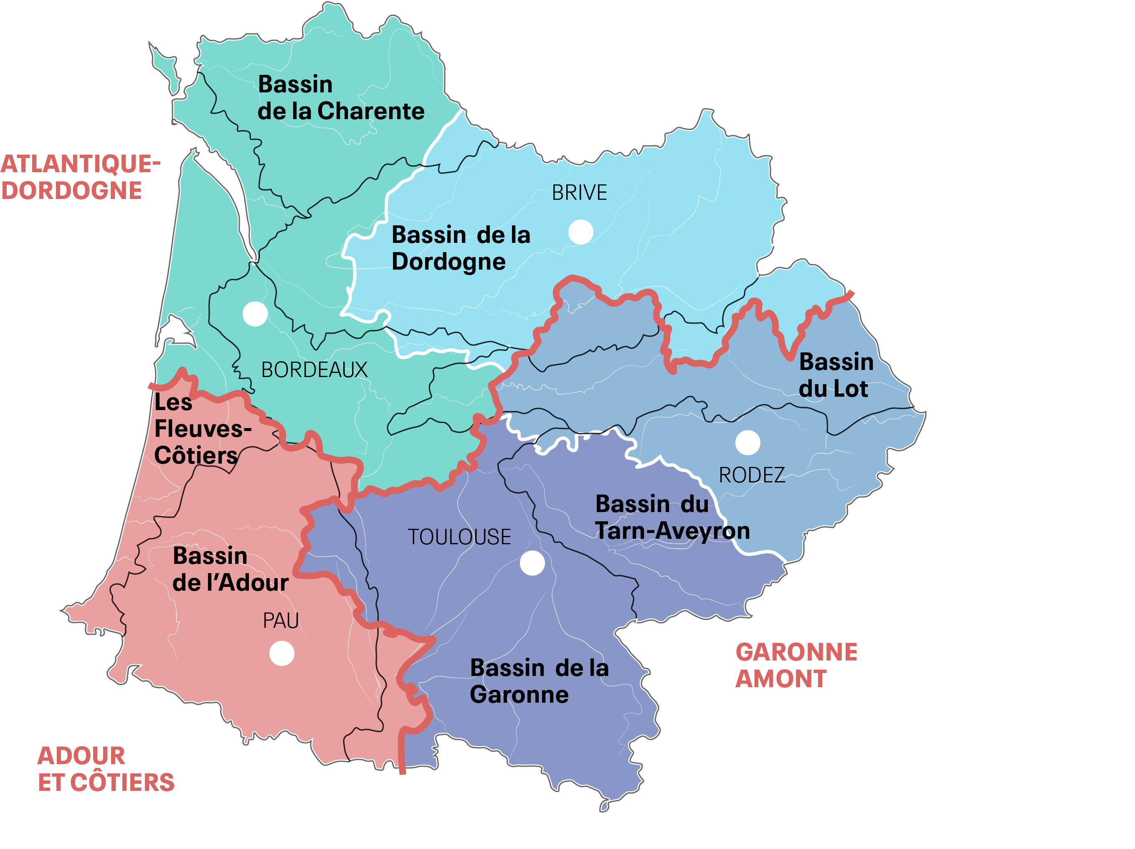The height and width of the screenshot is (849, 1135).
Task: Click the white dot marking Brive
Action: point(580,232)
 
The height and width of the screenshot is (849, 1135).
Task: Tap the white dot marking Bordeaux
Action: point(255,314)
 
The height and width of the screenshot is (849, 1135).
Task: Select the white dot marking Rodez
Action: point(747,442)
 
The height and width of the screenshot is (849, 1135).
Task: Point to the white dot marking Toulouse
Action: point(532,563)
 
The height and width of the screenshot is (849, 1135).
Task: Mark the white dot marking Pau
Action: point(282,653)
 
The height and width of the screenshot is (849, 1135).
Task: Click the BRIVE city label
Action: point(579,193)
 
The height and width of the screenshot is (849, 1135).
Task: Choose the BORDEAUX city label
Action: point(314,370)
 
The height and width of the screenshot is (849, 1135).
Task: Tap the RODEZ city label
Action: point(751,475)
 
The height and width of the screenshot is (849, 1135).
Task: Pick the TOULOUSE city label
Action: point(459,537)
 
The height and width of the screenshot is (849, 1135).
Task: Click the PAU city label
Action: point(281,621)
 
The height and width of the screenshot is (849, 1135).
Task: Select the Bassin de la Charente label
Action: point(341,97)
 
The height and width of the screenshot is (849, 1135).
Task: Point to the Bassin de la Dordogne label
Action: point(460,248)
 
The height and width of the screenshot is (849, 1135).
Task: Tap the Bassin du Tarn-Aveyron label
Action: point(672,517)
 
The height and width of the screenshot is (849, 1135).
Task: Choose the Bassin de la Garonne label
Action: point(539,681)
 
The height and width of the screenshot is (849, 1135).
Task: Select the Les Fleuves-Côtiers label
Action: point(203,429)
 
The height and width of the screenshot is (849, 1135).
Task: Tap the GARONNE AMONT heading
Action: point(796,665)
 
